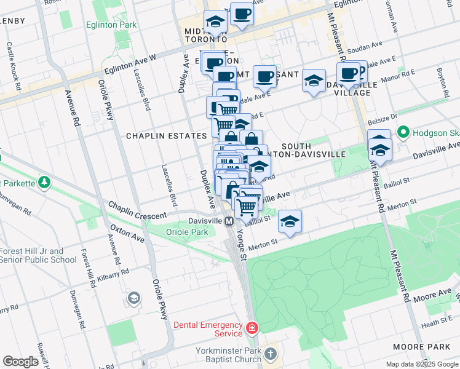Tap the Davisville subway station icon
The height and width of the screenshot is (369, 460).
point(228,221)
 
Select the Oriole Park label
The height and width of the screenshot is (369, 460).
point(187,232)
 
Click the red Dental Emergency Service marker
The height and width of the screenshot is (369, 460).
point(251,329)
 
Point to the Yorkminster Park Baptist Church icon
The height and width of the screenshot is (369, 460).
point(271,354)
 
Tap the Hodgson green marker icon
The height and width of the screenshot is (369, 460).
point(403,132)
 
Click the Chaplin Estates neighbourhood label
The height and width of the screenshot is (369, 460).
point(166,136)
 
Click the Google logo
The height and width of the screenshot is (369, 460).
point(20,362)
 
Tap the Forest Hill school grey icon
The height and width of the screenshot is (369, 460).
point(133,299)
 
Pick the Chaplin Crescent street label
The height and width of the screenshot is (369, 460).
point(138,211)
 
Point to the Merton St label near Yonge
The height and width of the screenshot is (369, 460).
point(264,245)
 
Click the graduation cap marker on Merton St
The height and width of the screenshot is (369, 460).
point(290,221)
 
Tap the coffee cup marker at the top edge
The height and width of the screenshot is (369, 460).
point(242,14)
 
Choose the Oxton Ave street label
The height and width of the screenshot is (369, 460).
point(128,234)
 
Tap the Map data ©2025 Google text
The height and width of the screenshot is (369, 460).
point(421,364)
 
